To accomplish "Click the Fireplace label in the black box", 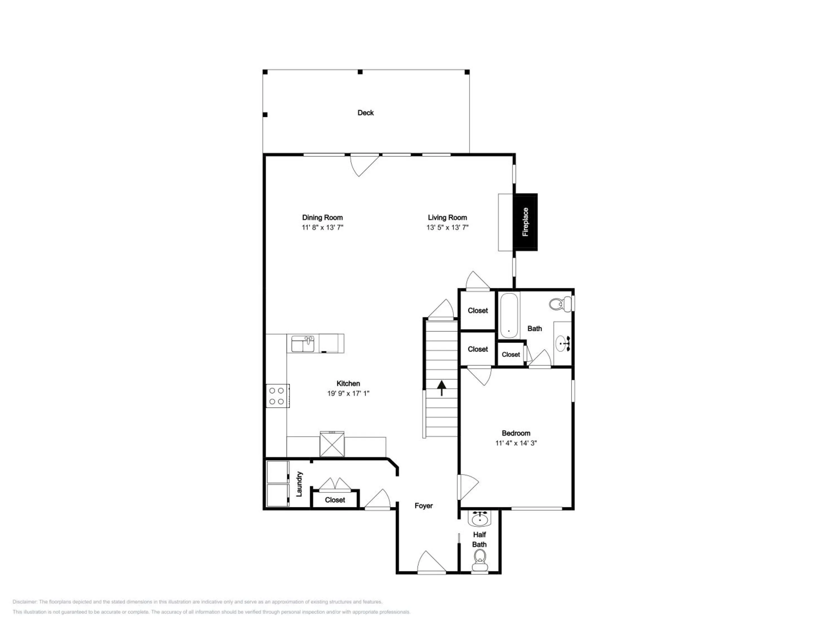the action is (x=525, y=222).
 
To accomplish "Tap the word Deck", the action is (x=365, y=113).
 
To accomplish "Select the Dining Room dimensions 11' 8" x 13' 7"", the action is (x=322, y=227).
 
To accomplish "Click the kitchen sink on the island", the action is (x=303, y=344).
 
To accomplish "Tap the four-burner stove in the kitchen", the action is (x=277, y=396).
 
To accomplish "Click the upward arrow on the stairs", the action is (x=441, y=388).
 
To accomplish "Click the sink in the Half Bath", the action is (x=480, y=519).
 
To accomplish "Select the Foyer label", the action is (x=423, y=506).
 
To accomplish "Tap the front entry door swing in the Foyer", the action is (x=432, y=562).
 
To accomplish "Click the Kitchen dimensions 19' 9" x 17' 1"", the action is (x=348, y=393).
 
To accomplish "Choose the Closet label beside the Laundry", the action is (x=335, y=500).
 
